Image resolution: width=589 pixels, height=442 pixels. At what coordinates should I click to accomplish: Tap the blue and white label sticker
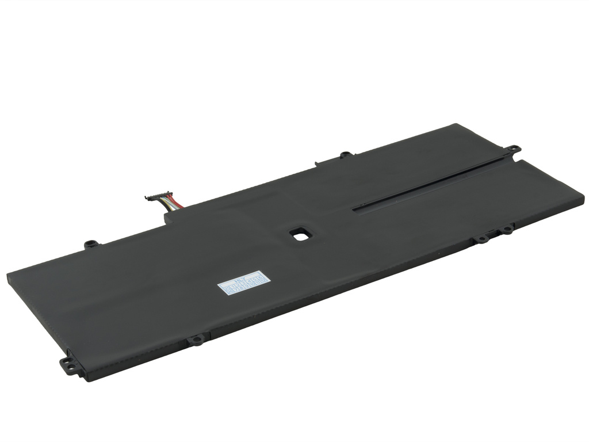pyautogui.click(x=244, y=283)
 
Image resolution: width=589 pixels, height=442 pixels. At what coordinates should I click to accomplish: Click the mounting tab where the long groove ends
pyautogui.click(x=512, y=150)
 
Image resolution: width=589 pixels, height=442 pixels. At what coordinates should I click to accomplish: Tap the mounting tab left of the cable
pyautogui.click(x=91, y=244)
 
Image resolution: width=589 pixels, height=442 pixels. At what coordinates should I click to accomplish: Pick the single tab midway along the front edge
pyautogui.click(x=197, y=340)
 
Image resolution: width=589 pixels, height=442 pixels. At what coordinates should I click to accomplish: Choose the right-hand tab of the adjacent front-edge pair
pyautogui.click(x=507, y=229)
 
